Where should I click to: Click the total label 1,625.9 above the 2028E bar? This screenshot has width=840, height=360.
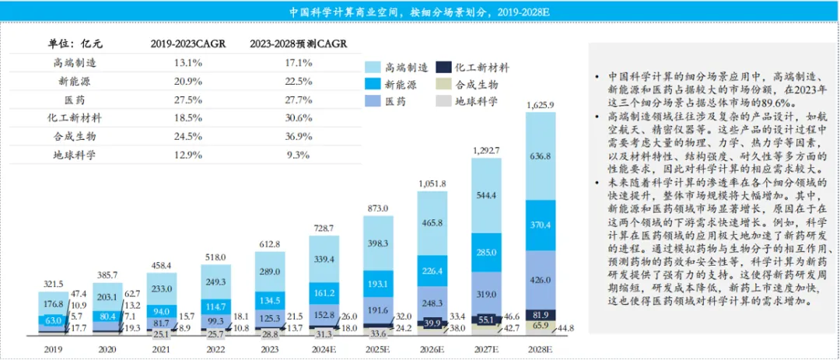pos(541,104)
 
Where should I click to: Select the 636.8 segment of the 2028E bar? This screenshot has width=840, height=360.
pos(541,156)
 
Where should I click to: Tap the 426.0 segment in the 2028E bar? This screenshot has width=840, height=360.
pos(541,280)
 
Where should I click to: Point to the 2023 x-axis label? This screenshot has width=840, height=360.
pos(271,350)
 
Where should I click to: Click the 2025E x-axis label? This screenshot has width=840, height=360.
pos(379,350)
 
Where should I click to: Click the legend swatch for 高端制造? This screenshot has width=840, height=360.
pos(372,68)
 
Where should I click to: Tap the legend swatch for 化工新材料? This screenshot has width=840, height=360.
pos(441,68)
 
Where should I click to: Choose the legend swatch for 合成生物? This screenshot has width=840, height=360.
pos(441,84)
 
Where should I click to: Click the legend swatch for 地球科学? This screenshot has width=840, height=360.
pos(441,100)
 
